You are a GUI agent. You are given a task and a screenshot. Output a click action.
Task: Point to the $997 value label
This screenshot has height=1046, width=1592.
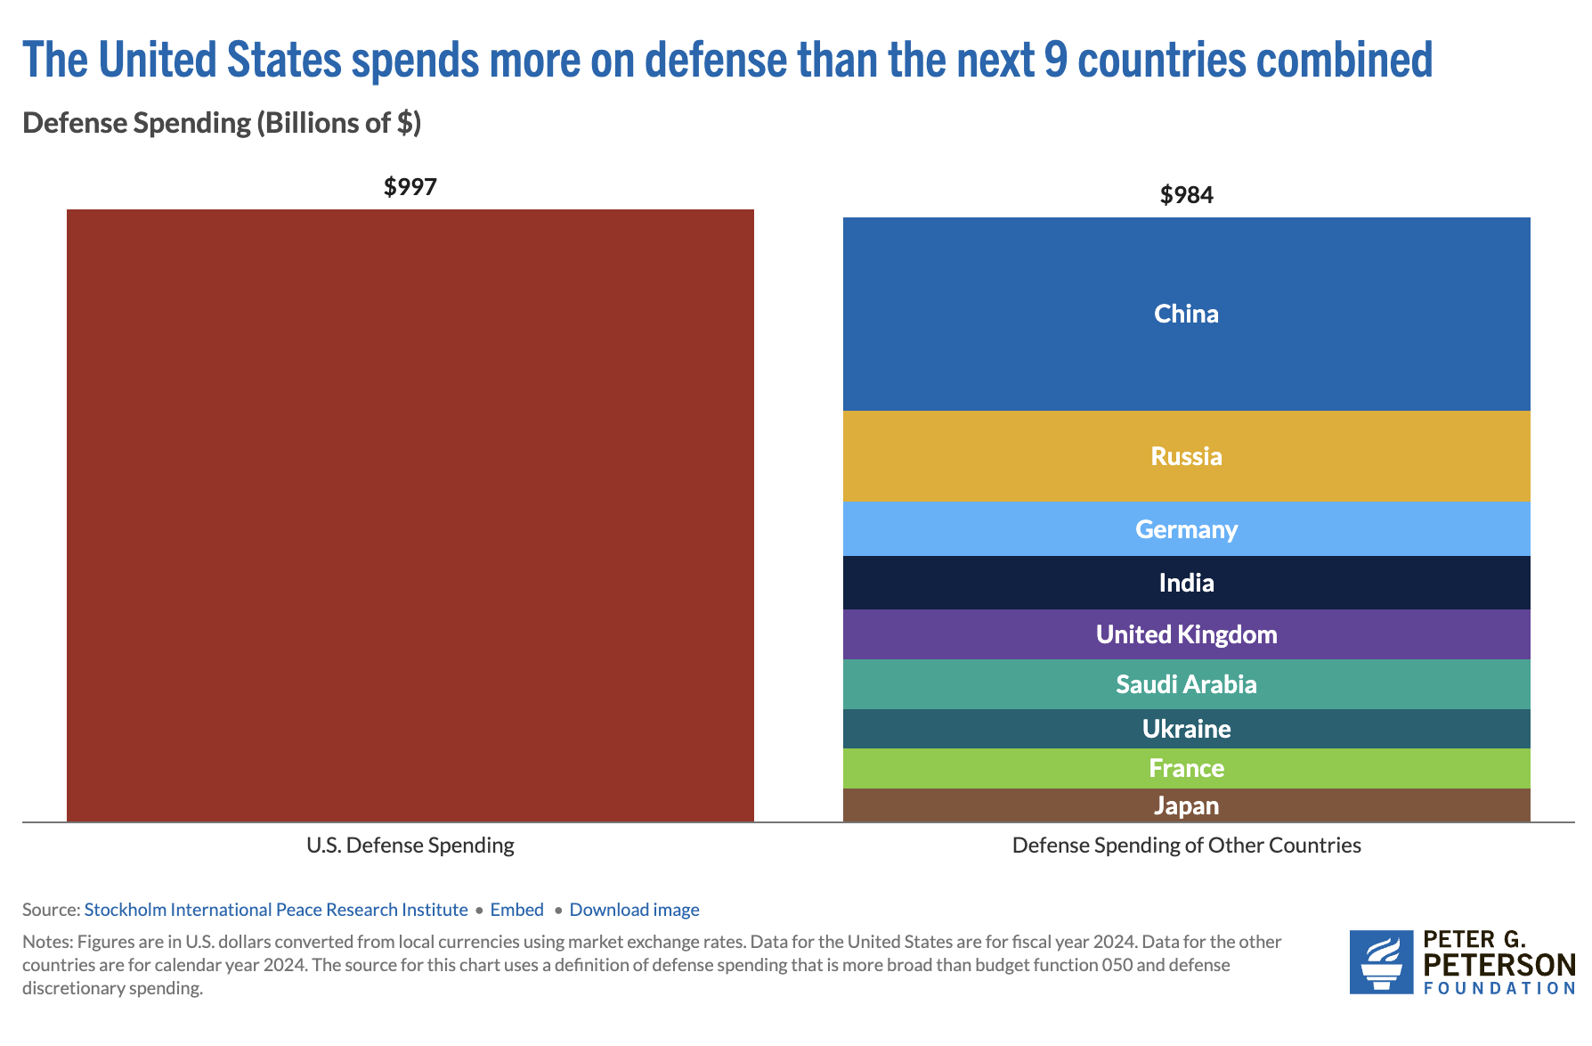coord(410,187)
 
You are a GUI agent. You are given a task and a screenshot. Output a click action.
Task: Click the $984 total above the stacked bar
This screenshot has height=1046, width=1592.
coord(1186,195)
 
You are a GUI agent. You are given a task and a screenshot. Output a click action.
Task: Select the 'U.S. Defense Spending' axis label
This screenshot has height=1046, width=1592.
coord(410,846)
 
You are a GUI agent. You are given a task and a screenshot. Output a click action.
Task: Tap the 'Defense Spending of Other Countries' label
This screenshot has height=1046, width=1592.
coord(1186,846)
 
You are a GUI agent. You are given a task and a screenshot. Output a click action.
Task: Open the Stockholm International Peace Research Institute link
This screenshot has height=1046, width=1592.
coord(276,910)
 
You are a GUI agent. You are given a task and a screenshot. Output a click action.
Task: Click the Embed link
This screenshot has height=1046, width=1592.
coord(516,910)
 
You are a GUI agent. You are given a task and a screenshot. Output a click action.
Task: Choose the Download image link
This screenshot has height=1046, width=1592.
coord(634,910)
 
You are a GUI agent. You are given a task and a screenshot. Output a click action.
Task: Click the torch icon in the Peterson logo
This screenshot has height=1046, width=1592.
coord(1381,962)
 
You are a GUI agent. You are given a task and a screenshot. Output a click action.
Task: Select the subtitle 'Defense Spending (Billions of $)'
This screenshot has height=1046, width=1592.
coord(222,123)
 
